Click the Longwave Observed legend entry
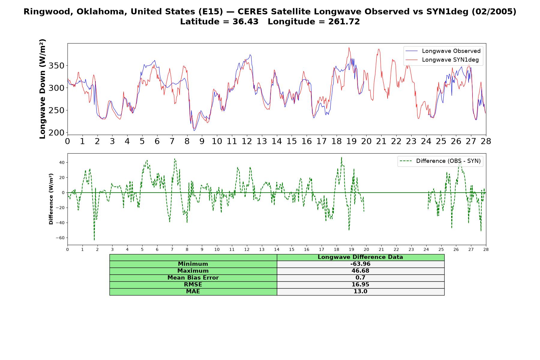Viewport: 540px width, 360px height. coord(443,51)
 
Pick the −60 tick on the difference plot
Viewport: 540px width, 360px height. coord(60,238)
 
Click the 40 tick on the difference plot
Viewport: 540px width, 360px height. coord(62,163)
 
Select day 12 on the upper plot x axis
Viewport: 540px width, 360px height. coord(247,141)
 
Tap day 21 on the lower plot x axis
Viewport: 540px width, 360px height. coord(381,249)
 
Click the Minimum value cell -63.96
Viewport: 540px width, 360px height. coord(360,264)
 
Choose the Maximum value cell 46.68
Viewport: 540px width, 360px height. coord(360,271)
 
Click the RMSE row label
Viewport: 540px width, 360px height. coord(193,285)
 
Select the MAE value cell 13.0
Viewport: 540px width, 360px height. coord(360,292)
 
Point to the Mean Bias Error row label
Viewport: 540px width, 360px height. coord(193,278)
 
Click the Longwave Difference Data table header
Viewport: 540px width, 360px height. coord(360,257)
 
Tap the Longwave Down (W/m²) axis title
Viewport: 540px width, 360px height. coord(43,89)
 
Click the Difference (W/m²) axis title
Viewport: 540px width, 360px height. coord(51,199)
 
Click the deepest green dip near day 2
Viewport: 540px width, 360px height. coord(94,240)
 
